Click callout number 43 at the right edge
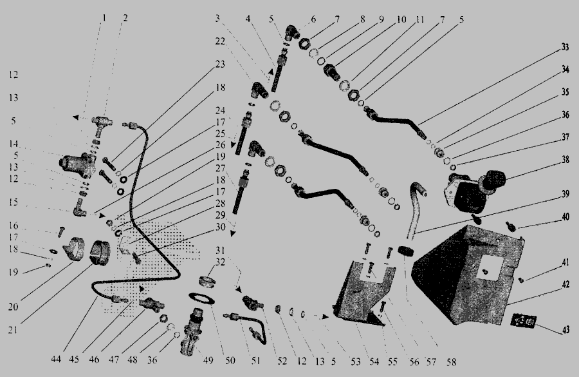tap(565, 330)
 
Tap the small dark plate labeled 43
tap(523, 320)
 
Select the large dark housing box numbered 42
tap(468, 274)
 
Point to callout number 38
tap(565, 159)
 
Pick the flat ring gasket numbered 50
tap(201, 298)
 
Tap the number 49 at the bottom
tap(208, 360)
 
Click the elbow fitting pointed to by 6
tap(293, 33)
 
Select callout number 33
tap(565, 47)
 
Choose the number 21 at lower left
tap(13, 330)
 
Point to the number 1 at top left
tap(104, 17)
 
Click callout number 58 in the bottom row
tap(451, 362)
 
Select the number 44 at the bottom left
tap(56, 359)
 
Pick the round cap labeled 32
tap(207, 282)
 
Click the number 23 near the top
tap(220, 64)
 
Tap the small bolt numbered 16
tap(61, 232)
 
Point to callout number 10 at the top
tap(401, 19)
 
